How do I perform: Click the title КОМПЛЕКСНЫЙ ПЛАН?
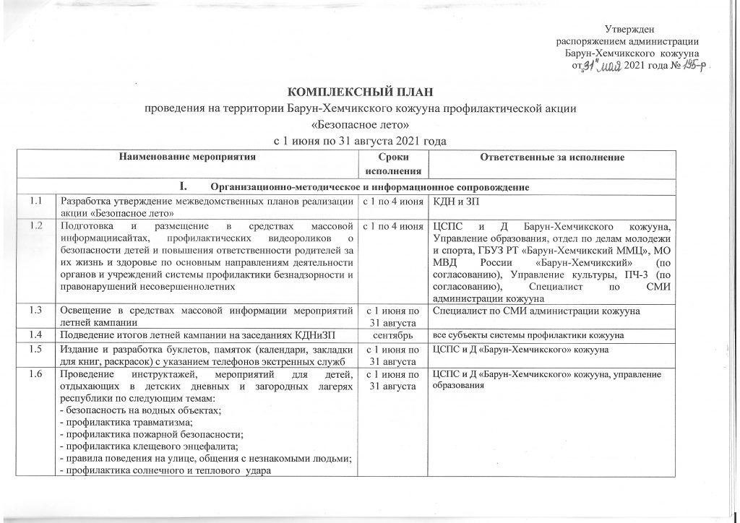369,94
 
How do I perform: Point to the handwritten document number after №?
694,66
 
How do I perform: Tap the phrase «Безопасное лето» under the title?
369,124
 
